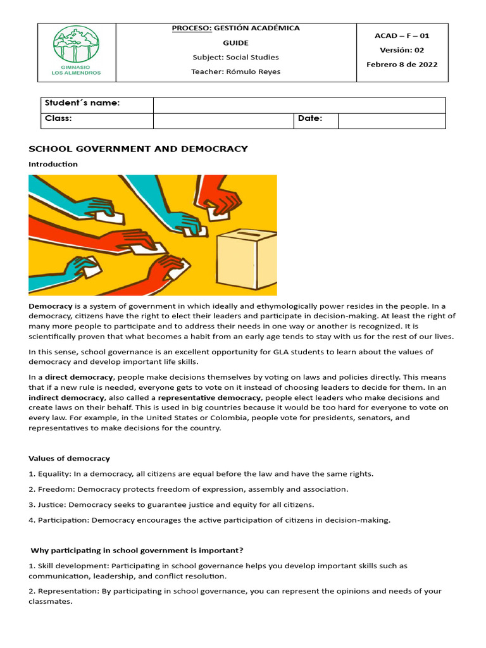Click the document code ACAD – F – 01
coord(402,36)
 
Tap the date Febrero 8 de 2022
coord(402,65)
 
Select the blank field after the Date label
coord(391,120)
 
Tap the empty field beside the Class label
coord(223,120)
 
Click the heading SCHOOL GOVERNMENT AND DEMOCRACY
coord(138,149)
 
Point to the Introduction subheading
coord(53,164)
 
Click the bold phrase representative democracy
coord(209,397)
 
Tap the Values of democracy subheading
coord(69,458)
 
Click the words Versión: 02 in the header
coord(402,50)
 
